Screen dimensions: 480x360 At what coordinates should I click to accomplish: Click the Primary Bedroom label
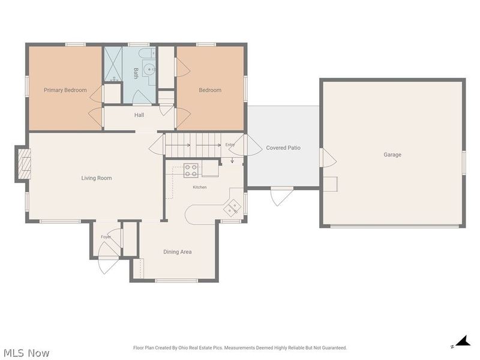tap(65, 90)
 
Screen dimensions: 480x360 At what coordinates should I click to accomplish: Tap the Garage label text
tap(392, 155)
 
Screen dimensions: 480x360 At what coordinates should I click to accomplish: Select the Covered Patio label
tap(283, 148)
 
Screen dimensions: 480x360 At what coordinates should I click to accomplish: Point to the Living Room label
tap(97, 178)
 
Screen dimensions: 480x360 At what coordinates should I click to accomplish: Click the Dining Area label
tap(178, 251)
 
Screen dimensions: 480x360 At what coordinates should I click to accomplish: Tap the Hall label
tap(139, 115)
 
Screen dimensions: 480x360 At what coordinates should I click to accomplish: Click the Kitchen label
tap(200, 187)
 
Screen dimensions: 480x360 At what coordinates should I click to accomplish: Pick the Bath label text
tap(136, 73)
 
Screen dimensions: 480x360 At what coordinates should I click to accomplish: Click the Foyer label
tap(106, 237)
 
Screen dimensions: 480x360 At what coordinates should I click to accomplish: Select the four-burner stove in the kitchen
tap(191, 170)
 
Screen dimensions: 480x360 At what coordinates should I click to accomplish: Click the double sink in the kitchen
tap(232, 207)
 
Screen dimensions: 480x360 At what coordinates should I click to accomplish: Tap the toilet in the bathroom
tap(148, 53)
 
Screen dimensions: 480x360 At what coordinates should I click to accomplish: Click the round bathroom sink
tap(149, 70)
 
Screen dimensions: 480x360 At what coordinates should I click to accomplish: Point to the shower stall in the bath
tap(113, 64)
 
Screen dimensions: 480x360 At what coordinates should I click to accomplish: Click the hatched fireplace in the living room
tap(24, 163)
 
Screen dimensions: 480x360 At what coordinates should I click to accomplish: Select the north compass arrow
tap(463, 341)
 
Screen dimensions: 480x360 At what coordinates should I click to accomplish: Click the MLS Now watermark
tap(26, 353)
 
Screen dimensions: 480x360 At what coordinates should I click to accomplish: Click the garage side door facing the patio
tap(328, 158)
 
